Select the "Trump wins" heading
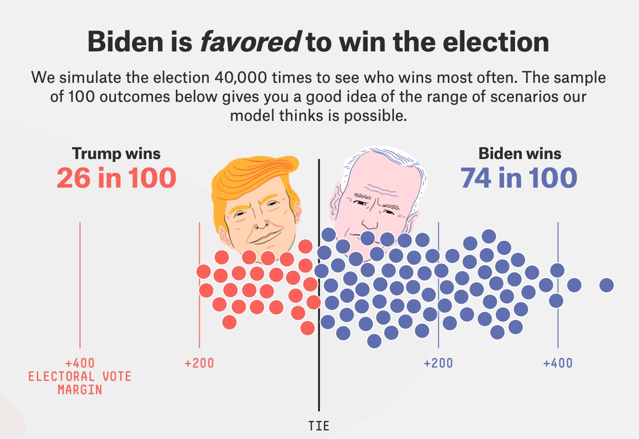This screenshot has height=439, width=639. pos(116,154)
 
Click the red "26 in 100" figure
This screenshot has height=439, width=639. pos(116,178)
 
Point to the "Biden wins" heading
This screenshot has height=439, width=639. pos(520,154)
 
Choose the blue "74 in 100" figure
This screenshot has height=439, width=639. pos(519,178)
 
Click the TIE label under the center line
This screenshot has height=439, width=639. pos(319,425)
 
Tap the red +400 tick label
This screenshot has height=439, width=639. pos(80,364)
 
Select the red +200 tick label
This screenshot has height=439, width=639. pos(199,364)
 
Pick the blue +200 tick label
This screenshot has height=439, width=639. pos(438,364)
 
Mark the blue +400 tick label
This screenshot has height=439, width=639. pos(557,364)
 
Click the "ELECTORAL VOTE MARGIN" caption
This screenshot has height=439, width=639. pos(80,383)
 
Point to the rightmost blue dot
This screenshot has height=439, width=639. pos(607,285)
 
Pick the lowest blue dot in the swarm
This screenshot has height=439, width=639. pos(374,341)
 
